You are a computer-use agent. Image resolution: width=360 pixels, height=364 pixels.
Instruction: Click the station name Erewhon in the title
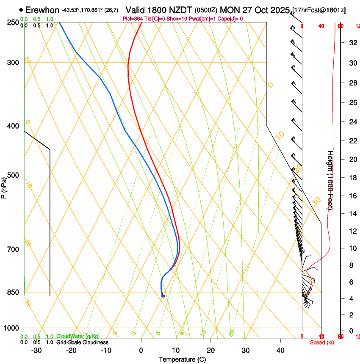pos(42,10)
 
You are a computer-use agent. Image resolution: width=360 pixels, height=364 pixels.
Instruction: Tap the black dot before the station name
pos(21,9)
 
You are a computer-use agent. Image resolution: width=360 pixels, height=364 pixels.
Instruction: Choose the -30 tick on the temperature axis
pos(36,350)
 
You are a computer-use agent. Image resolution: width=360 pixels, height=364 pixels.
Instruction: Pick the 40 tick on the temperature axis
pos(280,350)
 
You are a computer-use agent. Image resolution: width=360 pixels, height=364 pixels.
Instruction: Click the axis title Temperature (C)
pos(182,359)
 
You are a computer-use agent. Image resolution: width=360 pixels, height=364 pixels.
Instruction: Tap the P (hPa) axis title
pos(4,187)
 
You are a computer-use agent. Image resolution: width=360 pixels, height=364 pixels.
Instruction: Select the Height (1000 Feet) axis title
pos(330,180)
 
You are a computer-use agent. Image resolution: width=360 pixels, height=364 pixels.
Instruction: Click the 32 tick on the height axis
pos(352,42)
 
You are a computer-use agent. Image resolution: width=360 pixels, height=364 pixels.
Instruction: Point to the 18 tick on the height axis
pos(352,178)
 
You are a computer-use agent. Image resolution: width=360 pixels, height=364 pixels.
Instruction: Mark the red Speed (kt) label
pos(322,342)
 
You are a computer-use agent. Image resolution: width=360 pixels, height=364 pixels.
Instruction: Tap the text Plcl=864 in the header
pos(132,19)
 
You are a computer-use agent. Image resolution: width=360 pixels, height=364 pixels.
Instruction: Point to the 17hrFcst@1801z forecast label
pos(319,10)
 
